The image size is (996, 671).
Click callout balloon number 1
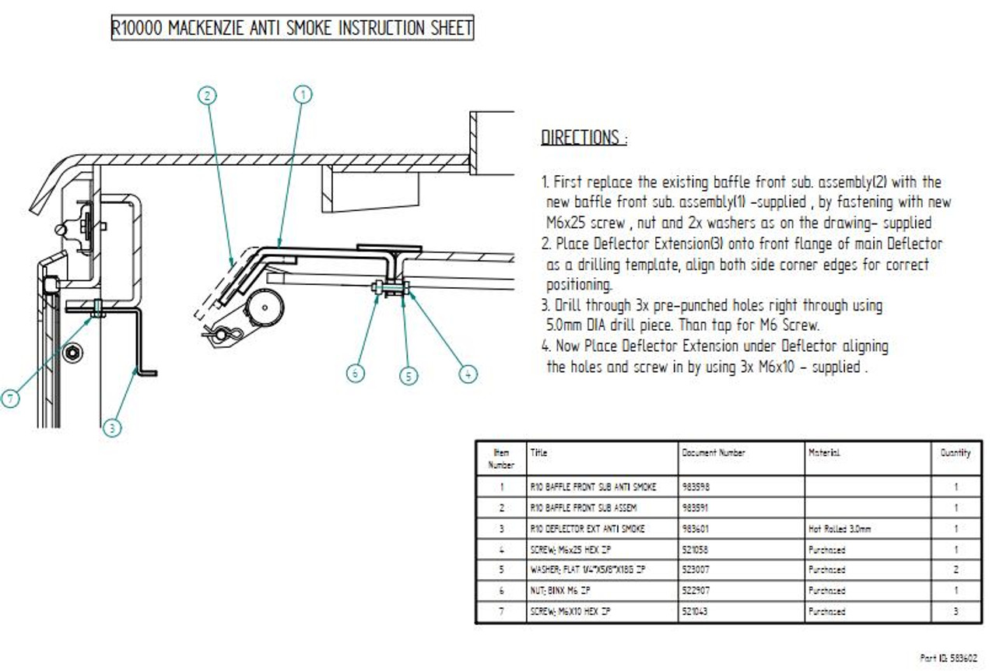(x=303, y=95)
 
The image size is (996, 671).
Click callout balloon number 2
(x=206, y=95)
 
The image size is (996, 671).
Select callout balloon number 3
(x=112, y=427)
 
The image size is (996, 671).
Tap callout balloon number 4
(x=468, y=374)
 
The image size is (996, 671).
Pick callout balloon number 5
(x=409, y=376)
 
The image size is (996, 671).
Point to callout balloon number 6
(x=356, y=374)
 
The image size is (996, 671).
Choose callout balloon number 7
(x=10, y=399)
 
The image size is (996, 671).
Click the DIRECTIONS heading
(x=584, y=139)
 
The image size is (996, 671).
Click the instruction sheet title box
(x=292, y=29)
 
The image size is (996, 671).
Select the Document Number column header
(x=714, y=452)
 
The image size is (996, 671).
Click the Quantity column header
(x=955, y=452)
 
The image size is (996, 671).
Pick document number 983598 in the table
(x=696, y=487)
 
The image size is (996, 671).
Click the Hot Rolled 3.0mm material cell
(x=840, y=529)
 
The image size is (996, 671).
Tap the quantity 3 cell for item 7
(x=955, y=612)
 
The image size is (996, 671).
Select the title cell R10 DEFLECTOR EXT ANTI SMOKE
(x=587, y=529)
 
